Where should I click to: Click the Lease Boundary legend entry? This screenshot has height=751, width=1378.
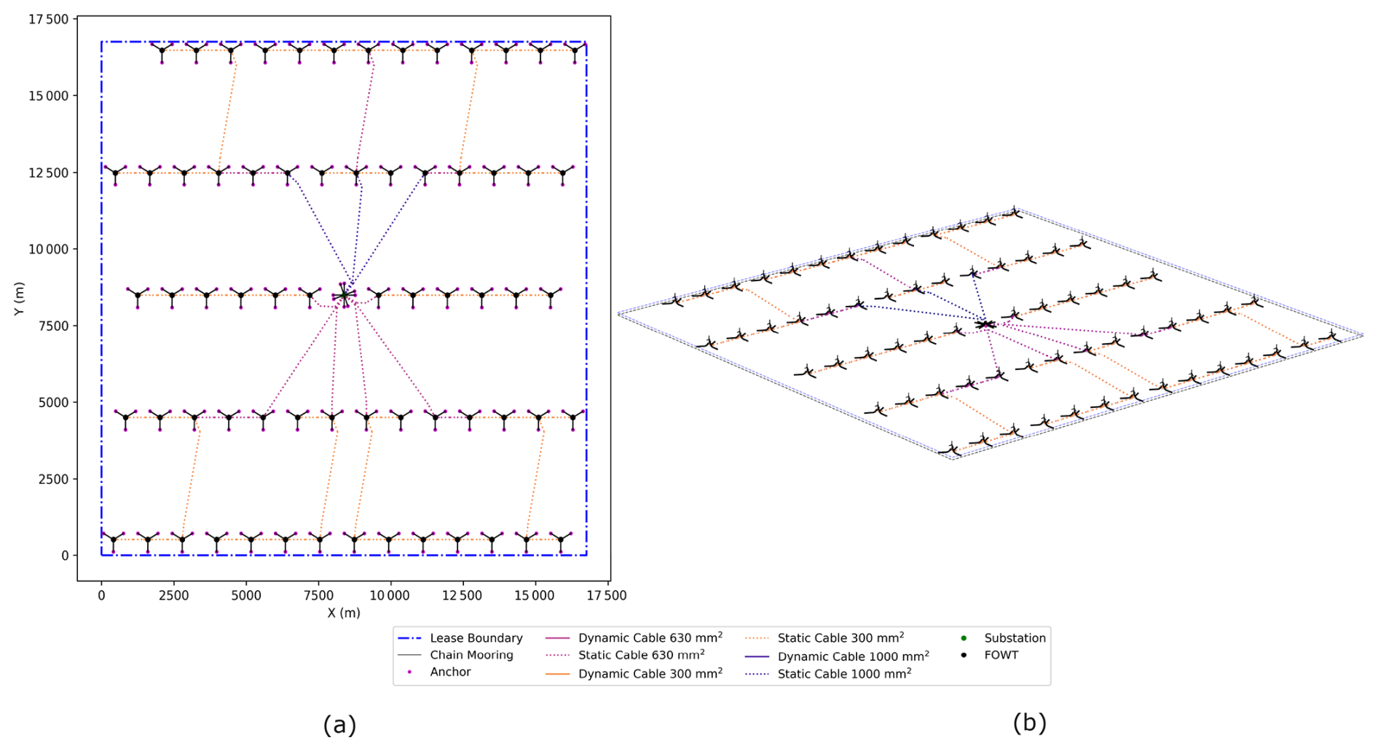[476, 638]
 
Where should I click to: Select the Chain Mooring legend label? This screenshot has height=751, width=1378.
[471, 655]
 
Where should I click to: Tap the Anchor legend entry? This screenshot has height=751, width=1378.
[450, 672]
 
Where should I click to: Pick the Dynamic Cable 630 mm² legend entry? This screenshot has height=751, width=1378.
[650, 638]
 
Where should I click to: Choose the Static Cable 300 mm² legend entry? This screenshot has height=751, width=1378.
[840, 638]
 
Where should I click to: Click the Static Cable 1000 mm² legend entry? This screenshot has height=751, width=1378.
[844, 674]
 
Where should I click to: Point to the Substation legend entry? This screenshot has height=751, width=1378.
[1015, 638]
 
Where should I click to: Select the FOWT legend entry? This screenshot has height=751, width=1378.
[1001, 655]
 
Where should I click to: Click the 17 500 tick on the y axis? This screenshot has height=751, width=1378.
[49, 20]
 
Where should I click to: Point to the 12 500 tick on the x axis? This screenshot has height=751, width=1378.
[462, 595]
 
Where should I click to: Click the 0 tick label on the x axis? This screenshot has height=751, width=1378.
[101, 595]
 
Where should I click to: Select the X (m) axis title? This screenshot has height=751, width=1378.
[344, 613]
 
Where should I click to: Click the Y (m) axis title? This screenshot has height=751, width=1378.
[20, 298]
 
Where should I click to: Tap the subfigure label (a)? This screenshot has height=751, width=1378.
[339, 724]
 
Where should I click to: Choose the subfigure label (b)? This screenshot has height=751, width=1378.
[1029, 722]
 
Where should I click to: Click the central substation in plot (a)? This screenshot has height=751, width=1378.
[344, 295]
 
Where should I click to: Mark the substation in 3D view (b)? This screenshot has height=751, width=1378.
[985, 323]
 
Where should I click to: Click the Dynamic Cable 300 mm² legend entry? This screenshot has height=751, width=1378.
[650, 674]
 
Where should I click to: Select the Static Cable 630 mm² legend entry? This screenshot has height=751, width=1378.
[641, 655]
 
